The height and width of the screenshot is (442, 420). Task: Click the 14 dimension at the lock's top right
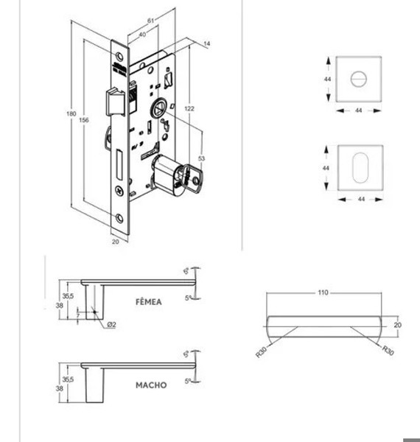click(207, 45)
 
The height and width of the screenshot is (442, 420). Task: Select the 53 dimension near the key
click(201, 158)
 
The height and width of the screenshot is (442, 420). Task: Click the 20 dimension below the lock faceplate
click(115, 241)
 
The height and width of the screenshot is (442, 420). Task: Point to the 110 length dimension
click(322, 292)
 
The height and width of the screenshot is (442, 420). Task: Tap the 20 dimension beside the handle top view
click(397, 325)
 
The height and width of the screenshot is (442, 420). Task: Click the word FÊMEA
click(149, 302)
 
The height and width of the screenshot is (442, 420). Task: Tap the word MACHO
click(150, 385)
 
